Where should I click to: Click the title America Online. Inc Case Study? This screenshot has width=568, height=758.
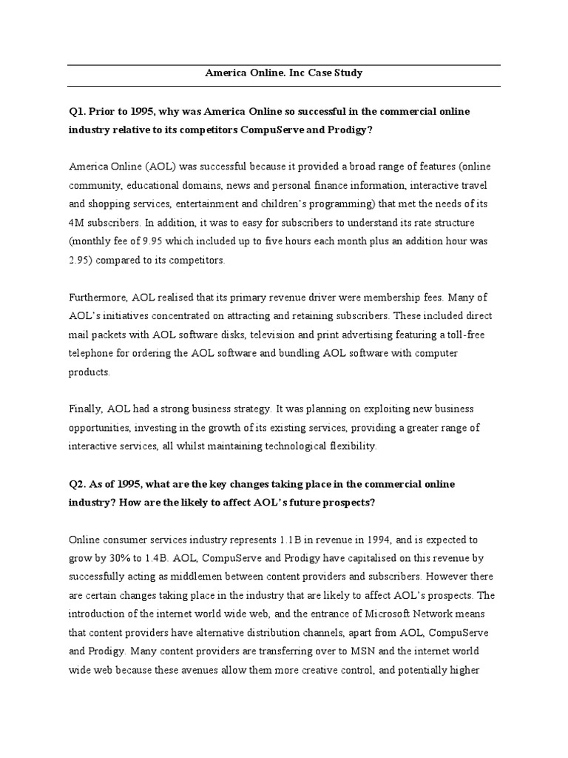tap(283, 74)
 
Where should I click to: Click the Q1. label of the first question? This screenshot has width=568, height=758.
tap(78, 111)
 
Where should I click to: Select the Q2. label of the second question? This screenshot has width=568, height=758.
tap(78, 483)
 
